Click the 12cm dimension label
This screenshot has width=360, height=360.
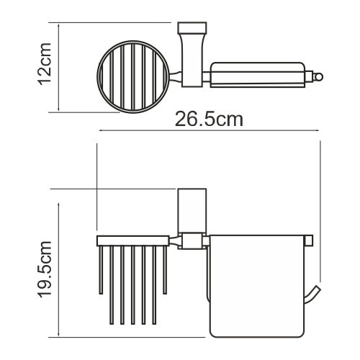coord(44,69)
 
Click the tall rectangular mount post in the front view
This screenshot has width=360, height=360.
coord(189,210)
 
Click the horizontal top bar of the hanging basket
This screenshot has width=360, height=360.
coord(135,240)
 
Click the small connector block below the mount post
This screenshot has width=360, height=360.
coord(190,241)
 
